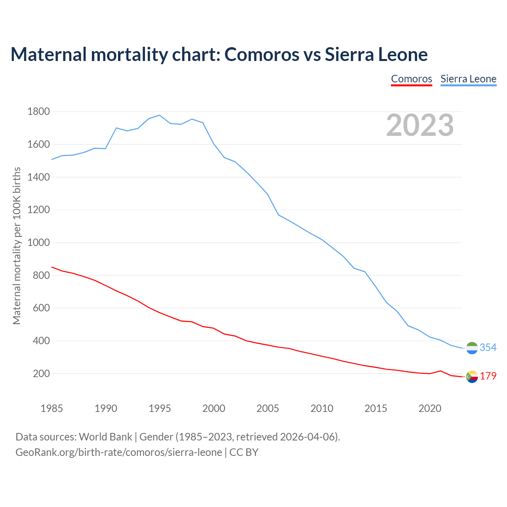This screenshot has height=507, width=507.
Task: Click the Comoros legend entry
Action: (x=412, y=79)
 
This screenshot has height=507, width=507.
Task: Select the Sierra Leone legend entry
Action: (x=468, y=79)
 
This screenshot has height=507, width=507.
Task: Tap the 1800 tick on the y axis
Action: (x=38, y=112)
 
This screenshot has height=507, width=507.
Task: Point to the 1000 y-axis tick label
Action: (x=38, y=242)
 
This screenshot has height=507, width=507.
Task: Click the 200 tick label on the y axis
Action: (x=41, y=374)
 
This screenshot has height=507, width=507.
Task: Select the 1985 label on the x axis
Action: (x=52, y=408)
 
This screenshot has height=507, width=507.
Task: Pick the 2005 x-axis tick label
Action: (x=268, y=408)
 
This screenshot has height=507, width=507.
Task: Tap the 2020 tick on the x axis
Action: (x=430, y=408)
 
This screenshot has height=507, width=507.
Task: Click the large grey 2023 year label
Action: (x=420, y=125)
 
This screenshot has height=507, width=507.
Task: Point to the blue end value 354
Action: (x=488, y=347)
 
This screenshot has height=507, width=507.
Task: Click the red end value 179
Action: (x=488, y=376)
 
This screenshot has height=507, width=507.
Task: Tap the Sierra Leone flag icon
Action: (x=472, y=348)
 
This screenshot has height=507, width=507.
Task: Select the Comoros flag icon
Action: (x=472, y=376)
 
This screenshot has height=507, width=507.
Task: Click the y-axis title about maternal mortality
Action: (x=17, y=246)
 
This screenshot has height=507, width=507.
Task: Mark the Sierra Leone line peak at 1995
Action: (x=159, y=115)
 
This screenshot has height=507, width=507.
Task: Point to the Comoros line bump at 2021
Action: (x=440, y=371)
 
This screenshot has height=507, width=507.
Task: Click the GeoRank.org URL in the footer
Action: (x=118, y=452)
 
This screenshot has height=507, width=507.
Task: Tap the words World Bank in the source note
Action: (x=105, y=437)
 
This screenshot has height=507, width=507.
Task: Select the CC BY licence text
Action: (x=244, y=452)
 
